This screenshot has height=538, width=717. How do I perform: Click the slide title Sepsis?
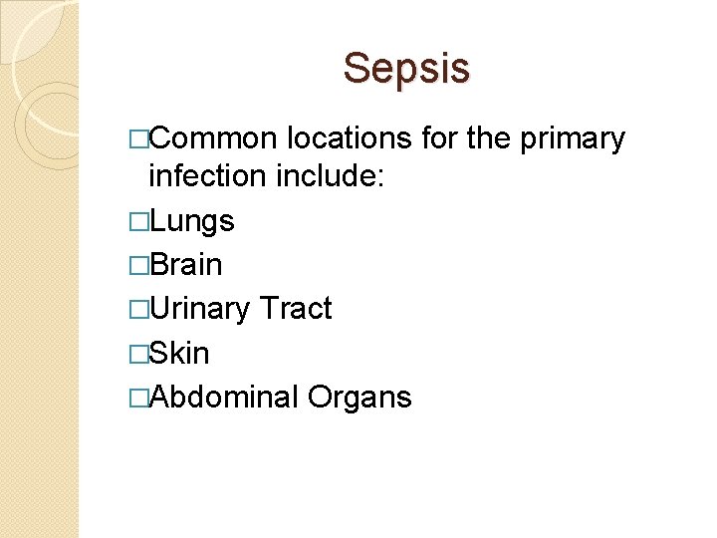click(406, 69)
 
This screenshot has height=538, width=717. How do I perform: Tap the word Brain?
click(185, 265)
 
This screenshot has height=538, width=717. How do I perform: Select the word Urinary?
click(199, 310)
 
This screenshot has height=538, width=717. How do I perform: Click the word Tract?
click(295, 309)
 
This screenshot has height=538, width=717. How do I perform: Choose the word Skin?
click(179, 353)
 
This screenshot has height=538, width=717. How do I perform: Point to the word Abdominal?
click(223, 397)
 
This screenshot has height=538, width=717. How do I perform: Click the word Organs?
click(359, 398)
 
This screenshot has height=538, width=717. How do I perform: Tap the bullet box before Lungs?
click(138, 221)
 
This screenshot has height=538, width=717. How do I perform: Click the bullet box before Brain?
click(138, 265)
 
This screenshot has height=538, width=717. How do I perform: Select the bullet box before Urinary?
click(138, 309)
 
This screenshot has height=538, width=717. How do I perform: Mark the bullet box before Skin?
click(138, 353)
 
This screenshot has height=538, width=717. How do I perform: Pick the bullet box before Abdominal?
click(138, 397)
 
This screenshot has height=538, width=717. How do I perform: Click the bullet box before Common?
click(138, 138)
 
